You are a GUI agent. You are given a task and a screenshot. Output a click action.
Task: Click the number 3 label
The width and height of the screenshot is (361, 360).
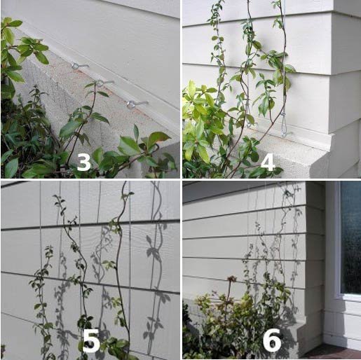click(x=83, y=162)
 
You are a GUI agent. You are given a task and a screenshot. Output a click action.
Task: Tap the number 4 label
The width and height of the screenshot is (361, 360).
click(x=268, y=162)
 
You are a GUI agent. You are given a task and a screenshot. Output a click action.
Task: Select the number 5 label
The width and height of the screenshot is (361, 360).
click(x=91, y=341)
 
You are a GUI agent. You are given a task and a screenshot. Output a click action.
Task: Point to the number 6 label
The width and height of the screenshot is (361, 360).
click(x=272, y=340)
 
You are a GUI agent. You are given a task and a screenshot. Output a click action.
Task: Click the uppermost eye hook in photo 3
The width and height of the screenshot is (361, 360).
click(x=79, y=66)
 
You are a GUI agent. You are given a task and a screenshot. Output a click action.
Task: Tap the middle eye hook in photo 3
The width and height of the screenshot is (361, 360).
click(x=104, y=83)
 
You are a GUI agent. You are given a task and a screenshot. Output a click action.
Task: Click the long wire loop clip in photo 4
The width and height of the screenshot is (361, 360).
click(x=283, y=124)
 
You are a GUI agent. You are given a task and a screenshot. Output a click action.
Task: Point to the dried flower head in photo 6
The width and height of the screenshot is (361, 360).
click(x=231, y=279)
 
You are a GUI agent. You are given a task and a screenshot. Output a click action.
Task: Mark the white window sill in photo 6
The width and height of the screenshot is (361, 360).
click(x=348, y=297)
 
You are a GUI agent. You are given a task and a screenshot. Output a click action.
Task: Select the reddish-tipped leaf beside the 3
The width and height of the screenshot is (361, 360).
click(x=158, y=138)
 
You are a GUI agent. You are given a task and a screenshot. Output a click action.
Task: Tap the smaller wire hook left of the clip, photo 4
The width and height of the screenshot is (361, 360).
click(x=248, y=124)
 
